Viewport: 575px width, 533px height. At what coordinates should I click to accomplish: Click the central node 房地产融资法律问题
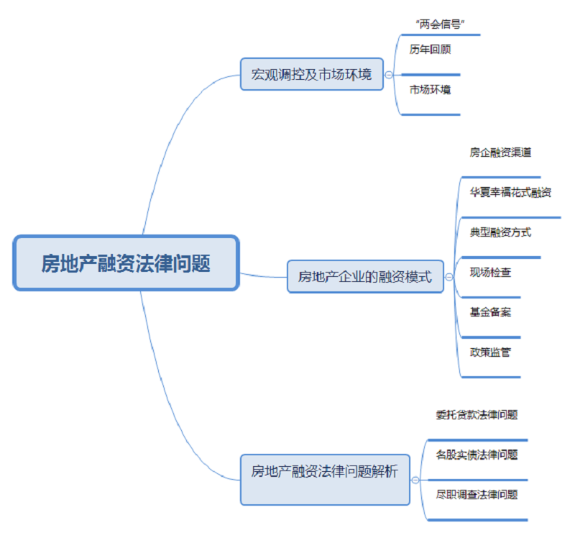[126, 263]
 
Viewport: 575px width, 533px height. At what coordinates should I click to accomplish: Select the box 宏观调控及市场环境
[311, 74]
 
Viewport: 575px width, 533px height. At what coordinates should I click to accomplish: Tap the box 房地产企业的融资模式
[365, 276]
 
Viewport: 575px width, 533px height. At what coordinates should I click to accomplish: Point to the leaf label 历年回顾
[430, 50]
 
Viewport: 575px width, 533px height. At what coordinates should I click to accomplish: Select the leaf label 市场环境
[430, 90]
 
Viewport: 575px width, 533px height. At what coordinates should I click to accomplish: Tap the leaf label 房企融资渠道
[500, 152]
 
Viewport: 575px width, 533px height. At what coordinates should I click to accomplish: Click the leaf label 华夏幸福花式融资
[510, 193]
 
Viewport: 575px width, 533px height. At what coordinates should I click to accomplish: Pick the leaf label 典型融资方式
[500, 232]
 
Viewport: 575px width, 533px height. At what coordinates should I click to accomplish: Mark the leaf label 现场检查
[490, 273]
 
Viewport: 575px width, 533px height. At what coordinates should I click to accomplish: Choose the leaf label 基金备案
[490, 312]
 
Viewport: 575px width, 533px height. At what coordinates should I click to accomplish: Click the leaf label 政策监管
[490, 352]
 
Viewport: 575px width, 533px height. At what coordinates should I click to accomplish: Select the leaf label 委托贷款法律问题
[477, 415]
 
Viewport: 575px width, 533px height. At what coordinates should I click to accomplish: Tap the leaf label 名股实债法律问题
[477, 455]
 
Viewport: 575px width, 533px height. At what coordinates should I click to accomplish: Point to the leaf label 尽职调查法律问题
[477, 495]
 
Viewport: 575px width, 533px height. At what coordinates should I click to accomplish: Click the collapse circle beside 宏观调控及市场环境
[389, 74]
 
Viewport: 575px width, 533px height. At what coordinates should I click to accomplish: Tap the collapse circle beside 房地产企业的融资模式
[449, 276]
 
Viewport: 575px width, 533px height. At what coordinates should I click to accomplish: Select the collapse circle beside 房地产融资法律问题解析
[415, 478]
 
